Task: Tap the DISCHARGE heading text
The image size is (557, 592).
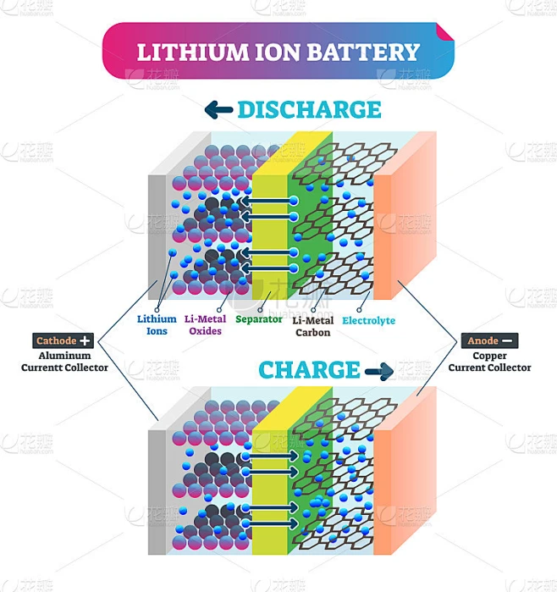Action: [309, 109]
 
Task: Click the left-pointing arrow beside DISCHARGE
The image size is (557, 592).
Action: [219, 108]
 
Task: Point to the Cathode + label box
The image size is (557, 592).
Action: [63, 340]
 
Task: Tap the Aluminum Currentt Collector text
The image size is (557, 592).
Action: [64, 362]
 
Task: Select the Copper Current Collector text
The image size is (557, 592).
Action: [490, 362]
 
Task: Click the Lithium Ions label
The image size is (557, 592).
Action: [157, 325]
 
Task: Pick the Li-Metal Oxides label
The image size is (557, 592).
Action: [205, 325]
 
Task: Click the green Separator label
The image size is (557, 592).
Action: [259, 319]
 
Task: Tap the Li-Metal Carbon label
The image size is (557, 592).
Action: [312, 327]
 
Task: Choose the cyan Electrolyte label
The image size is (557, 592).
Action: [369, 321]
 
